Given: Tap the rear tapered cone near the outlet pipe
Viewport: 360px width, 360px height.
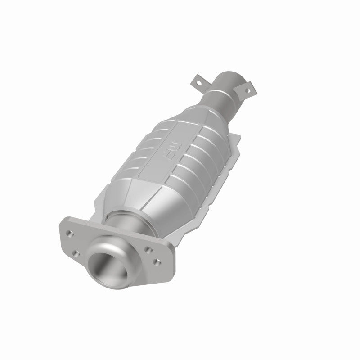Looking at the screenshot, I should coord(211,108).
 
